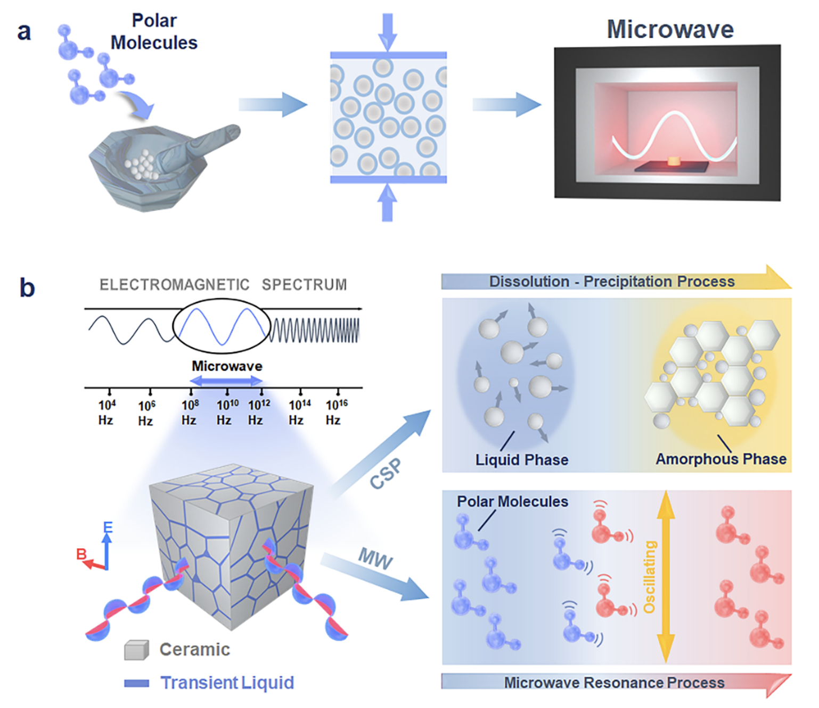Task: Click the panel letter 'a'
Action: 24,32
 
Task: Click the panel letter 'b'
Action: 27,288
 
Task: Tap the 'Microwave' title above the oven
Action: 670,29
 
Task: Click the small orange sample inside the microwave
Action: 674,160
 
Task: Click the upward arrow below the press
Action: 388,203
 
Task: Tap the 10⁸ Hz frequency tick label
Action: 190,412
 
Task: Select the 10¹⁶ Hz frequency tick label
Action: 335,412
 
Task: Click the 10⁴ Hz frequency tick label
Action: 107,412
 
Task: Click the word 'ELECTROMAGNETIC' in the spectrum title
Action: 174,285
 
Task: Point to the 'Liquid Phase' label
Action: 521,459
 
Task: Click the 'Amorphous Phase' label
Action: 720,459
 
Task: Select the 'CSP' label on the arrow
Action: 386,473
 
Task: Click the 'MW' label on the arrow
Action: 375,559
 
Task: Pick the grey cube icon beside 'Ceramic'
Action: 136,650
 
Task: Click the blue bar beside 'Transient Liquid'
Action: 136,683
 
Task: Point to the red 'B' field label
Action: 81,554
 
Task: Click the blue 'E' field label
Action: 108,527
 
